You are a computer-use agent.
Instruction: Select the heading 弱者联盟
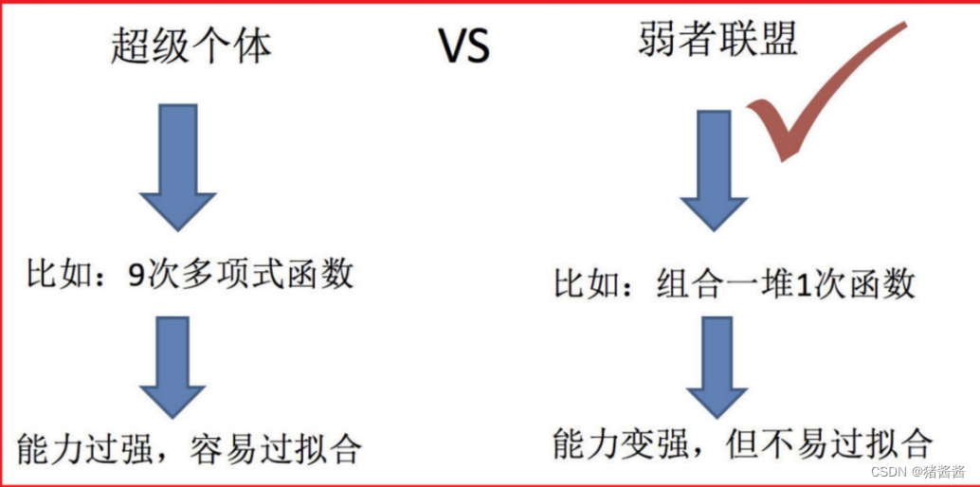718,40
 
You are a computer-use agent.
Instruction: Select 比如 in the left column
52,275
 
